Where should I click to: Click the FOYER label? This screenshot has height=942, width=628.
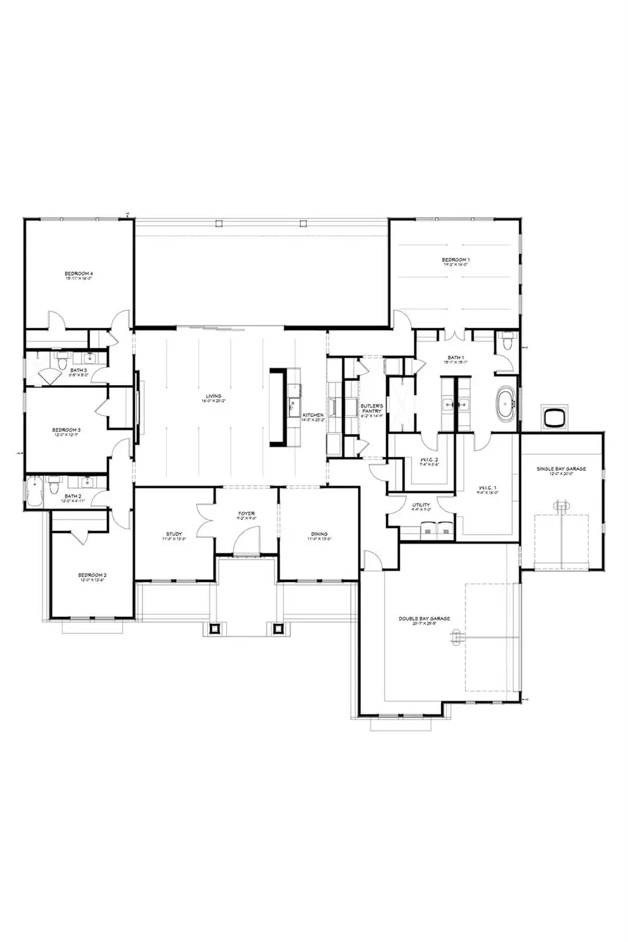pyautogui.click(x=246, y=514)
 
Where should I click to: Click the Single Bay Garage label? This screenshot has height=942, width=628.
pyautogui.click(x=561, y=469)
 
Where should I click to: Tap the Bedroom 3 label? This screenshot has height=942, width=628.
pyautogui.click(x=66, y=430)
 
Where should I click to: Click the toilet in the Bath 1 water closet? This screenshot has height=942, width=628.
pyautogui.click(x=507, y=342)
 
